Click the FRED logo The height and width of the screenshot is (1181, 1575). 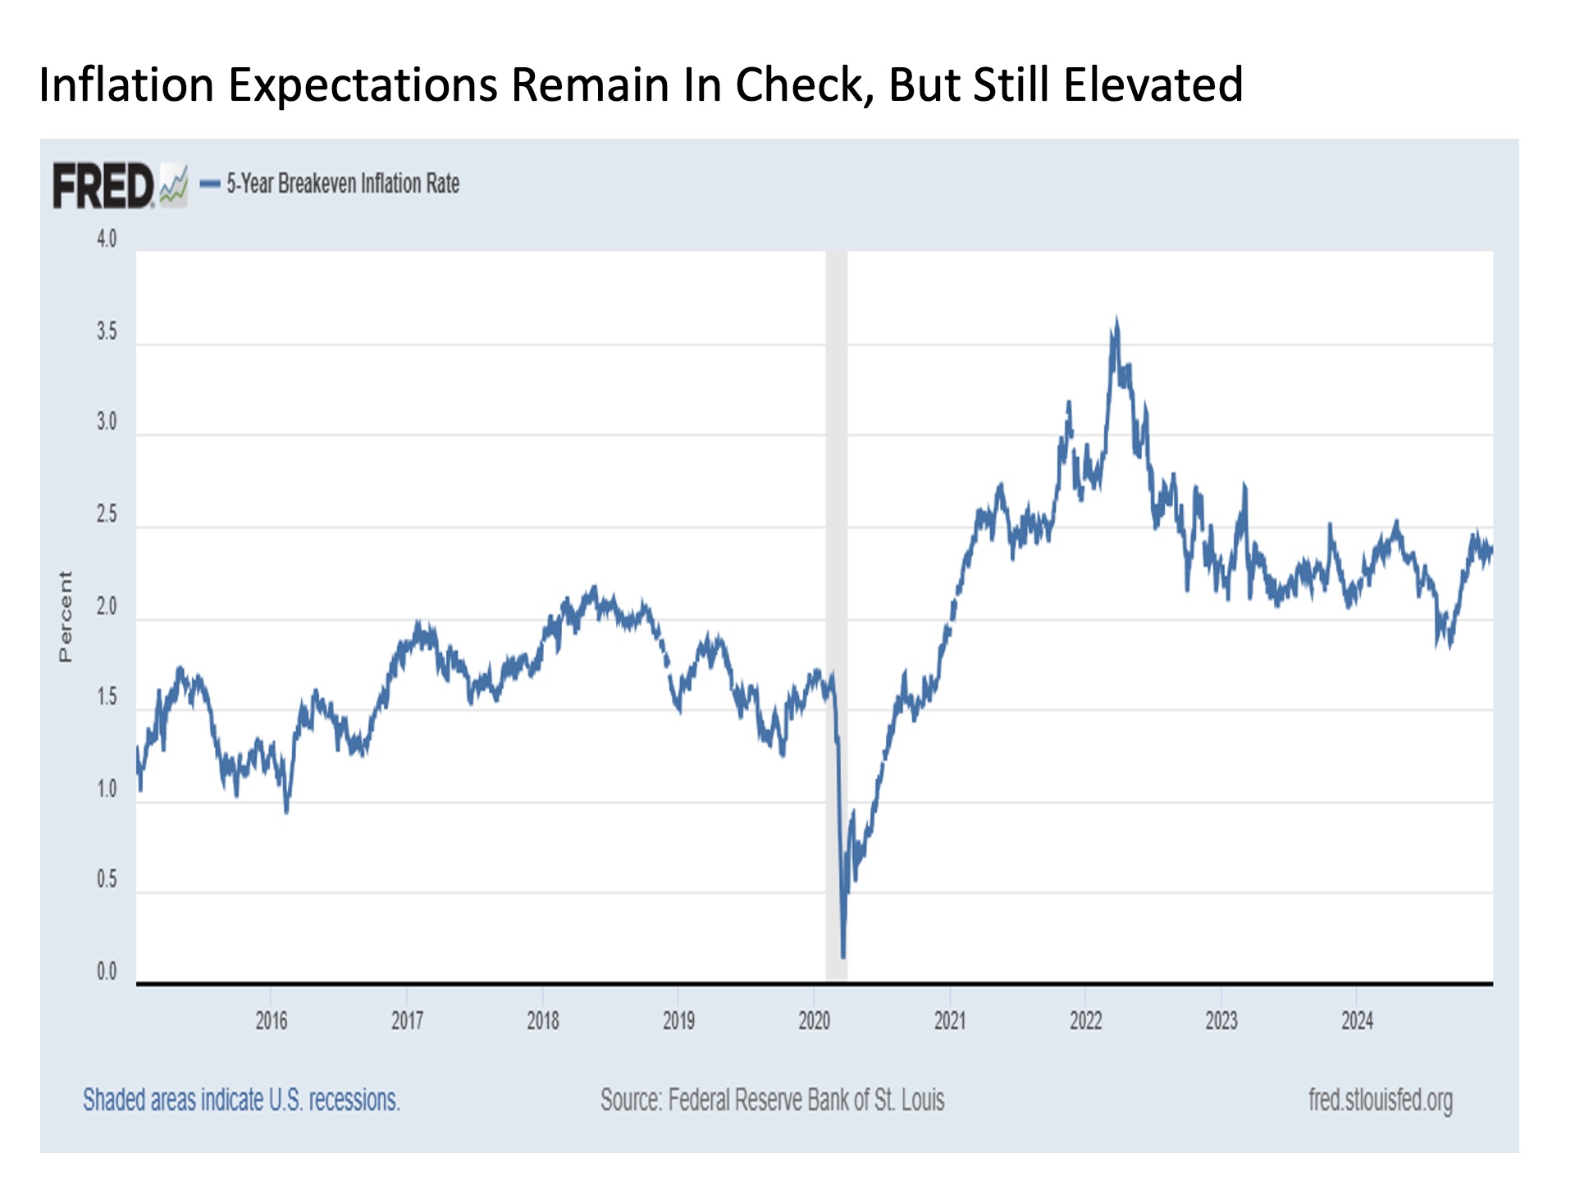[103, 185]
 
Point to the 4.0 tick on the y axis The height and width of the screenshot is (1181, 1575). [107, 239]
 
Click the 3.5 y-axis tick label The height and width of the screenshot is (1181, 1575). [107, 331]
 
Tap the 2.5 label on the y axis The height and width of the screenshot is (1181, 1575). [107, 514]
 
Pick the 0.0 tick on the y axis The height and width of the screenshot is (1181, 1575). [107, 972]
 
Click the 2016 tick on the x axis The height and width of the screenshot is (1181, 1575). [271, 1020]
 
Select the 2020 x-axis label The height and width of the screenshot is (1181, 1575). [814, 1020]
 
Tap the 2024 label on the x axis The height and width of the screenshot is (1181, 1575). [1357, 1020]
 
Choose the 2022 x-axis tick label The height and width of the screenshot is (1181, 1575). [1085, 1020]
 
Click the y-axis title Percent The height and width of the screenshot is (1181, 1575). [66, 616]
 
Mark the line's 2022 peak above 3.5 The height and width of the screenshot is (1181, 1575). [1116, 321]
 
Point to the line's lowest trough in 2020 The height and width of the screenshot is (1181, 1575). [843, 955]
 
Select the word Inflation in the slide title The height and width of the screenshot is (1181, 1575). [126, 84]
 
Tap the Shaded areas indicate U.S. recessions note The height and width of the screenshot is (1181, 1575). [241, 1099]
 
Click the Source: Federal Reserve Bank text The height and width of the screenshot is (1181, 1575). [772, 1099]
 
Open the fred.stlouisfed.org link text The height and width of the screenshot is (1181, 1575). [1380, 1099]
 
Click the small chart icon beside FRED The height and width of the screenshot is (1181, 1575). [173, 185]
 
